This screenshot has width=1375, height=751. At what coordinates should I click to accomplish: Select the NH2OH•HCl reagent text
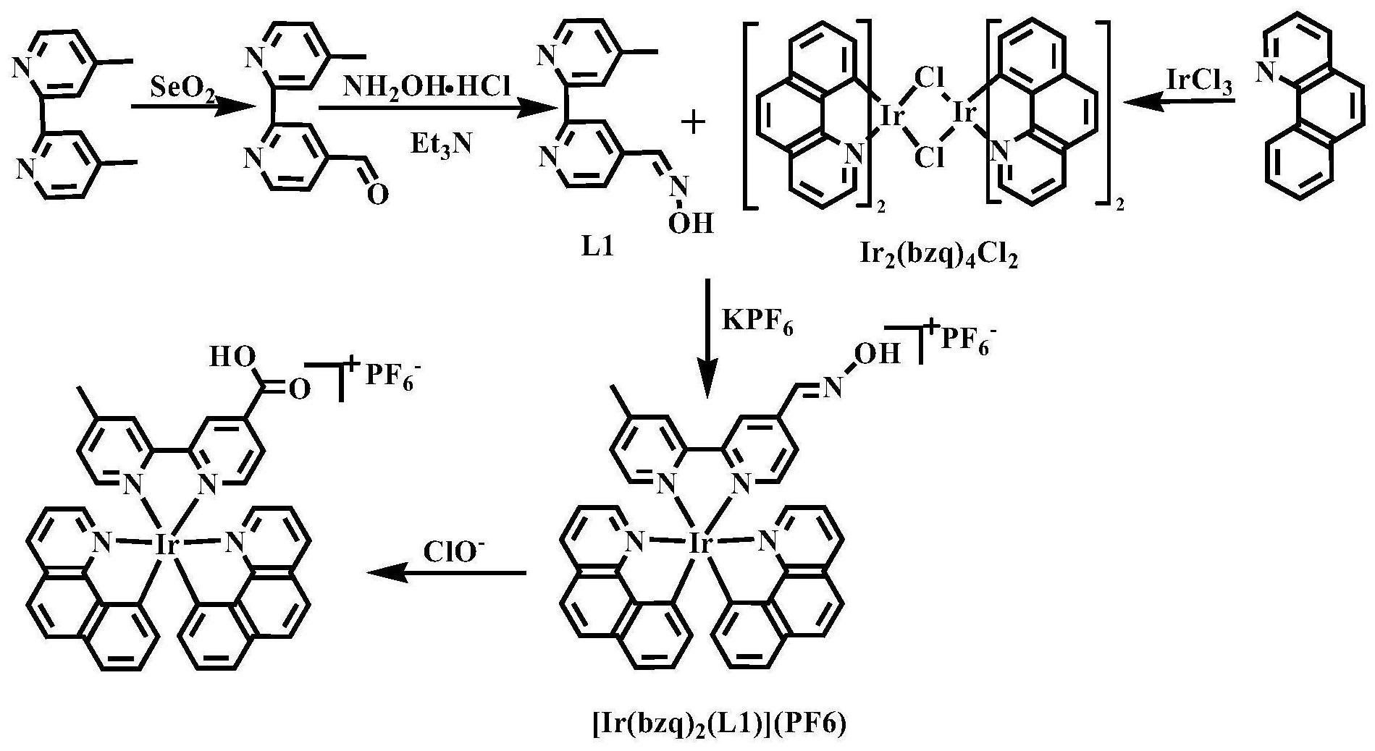pyautogui.click(x=426, y=88)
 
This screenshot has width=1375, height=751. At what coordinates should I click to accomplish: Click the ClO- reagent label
pyautogui.click(x=454, y=552)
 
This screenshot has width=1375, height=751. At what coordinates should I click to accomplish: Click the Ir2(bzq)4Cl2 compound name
pyautogui.click(x=935, y=257)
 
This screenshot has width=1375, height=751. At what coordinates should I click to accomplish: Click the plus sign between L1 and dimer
pyautogui.click(x=694, y=123)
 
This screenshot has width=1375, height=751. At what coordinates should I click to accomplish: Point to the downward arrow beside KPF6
pyautogui.click(x=708, y=340)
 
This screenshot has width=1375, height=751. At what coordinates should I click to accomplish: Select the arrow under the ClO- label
pyautogui.click(x=446, y=574)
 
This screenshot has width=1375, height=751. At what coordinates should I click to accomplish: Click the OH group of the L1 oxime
pyautogui.click(x=691, y=223)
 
